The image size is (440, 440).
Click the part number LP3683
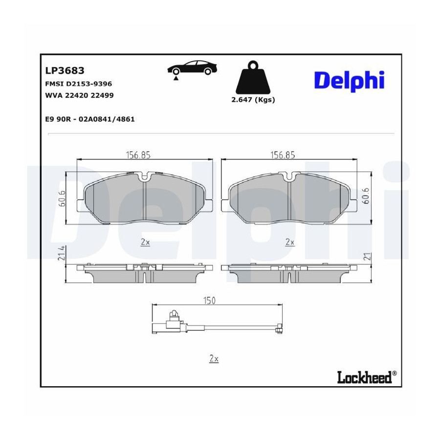click(x=65, y=70)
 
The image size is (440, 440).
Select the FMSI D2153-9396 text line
click(x=79, y=84)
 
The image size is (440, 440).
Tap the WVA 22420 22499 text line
click(x=79, y=95)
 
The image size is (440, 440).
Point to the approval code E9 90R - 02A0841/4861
click(x=90, y=119)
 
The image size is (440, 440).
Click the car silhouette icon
click(x=193, y=69)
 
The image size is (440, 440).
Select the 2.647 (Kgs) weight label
click(x=253, y=100)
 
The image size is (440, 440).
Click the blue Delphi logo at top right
click(x=349, y=81)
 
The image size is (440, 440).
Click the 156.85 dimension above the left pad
click(x=138, y=155)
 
